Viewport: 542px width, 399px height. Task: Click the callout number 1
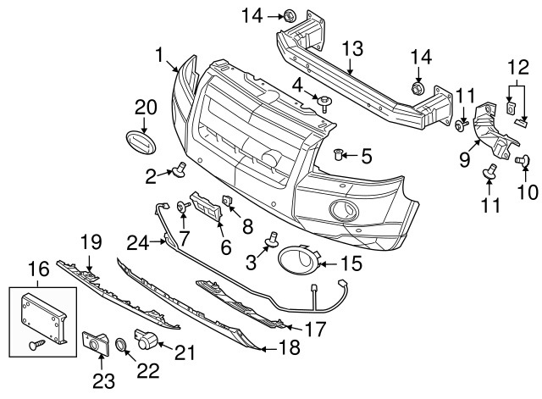click(x=158, y=57)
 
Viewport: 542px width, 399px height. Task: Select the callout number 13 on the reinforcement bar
click(x=351, y=47)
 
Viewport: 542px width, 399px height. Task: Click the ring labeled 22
click(x=120, y=345)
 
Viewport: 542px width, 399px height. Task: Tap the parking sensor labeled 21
click(x=145, y=340)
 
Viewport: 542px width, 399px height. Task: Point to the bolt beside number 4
click(x=325, y=103)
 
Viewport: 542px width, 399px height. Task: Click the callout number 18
click(x=290, y=348)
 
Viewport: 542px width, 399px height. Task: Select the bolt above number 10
click(x=523, y=158)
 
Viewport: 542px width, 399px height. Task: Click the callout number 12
click(x=517, y=66)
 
